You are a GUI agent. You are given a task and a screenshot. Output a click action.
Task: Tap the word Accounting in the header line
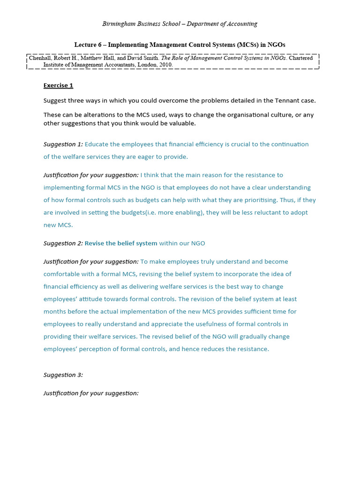click(241, 24)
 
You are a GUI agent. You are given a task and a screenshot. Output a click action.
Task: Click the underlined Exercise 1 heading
click(58, 85)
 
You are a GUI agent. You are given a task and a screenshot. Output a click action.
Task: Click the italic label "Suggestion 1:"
click(63, 144)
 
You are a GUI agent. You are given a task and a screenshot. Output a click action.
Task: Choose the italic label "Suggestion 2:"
click(63, 243)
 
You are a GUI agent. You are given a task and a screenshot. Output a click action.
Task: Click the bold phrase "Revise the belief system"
click(121, 243)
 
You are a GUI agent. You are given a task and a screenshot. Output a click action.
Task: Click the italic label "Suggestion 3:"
click(63, 375)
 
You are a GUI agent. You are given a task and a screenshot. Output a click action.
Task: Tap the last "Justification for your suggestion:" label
click(91, 393)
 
